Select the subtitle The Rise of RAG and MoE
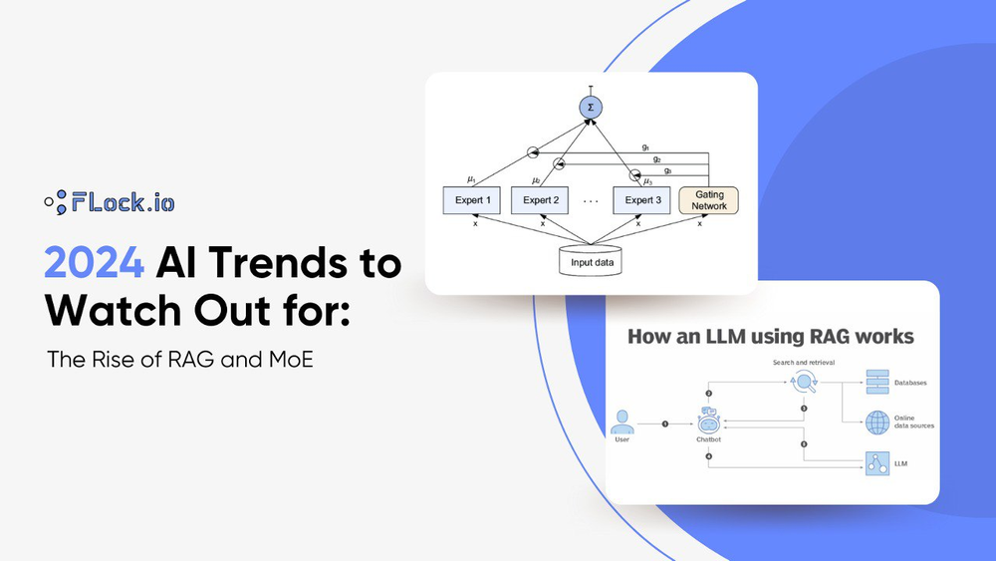coord(180,359)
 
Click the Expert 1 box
coord(473,200)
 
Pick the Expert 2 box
coord(542,200)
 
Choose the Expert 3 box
coord(642,200)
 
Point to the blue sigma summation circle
coord(590,109)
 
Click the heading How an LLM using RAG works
coord(770,337)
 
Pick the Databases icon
coord(877,381)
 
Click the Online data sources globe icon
coord(877,422)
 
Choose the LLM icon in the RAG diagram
coord(877,463)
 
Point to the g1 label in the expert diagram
coord(646,147)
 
